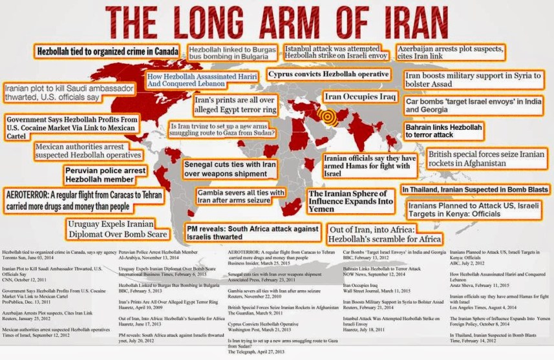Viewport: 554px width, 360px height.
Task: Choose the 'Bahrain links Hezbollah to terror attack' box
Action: (444, 132)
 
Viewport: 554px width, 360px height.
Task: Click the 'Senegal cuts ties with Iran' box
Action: (231, 169)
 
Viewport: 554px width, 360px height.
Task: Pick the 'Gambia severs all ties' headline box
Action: (241, 197)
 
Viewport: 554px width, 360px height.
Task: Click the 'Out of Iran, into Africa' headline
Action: (386, 233)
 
